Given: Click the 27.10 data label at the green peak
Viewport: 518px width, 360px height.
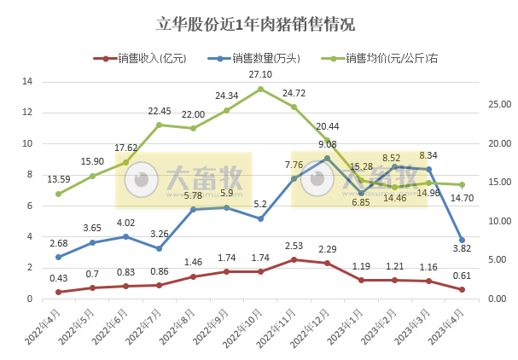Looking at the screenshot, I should [260, 74].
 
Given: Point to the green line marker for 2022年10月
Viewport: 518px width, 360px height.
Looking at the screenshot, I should [260, 89].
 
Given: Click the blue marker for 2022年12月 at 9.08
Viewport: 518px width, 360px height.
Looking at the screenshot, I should [327, 159].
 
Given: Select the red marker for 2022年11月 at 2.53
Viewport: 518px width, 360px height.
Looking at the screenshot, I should [294, 259].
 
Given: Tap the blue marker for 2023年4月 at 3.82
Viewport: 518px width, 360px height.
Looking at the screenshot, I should [462, 240].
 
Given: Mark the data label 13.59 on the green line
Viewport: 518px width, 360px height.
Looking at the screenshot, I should [58, 179].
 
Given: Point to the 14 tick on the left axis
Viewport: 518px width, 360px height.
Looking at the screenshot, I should [27, 82].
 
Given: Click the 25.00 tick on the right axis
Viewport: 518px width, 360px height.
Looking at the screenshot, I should [493, 105].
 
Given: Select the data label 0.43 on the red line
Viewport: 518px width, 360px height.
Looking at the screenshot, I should [58, 278].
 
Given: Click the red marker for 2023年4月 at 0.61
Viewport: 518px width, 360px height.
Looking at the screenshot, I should [462, 289].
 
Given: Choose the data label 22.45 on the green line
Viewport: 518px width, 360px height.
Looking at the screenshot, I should [160, 111].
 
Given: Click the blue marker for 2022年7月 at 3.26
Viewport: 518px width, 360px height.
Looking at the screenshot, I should [160, 248].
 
